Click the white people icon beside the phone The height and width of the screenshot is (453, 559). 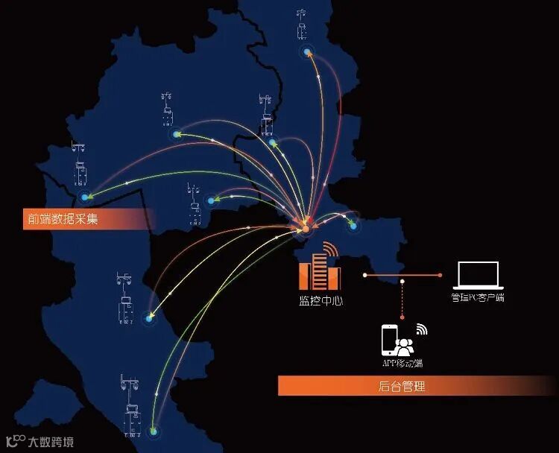[405, 346]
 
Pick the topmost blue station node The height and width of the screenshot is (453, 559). [307, 51]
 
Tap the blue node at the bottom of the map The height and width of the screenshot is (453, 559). [154, 431]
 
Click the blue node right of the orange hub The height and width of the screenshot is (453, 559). [353, 225]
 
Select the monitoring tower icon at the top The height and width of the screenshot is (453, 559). [301, 22]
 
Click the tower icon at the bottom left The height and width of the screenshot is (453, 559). [132, 402]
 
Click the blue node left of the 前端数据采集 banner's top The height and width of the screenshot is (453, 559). [86, 197]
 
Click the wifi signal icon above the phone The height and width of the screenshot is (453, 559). [422, 329]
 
